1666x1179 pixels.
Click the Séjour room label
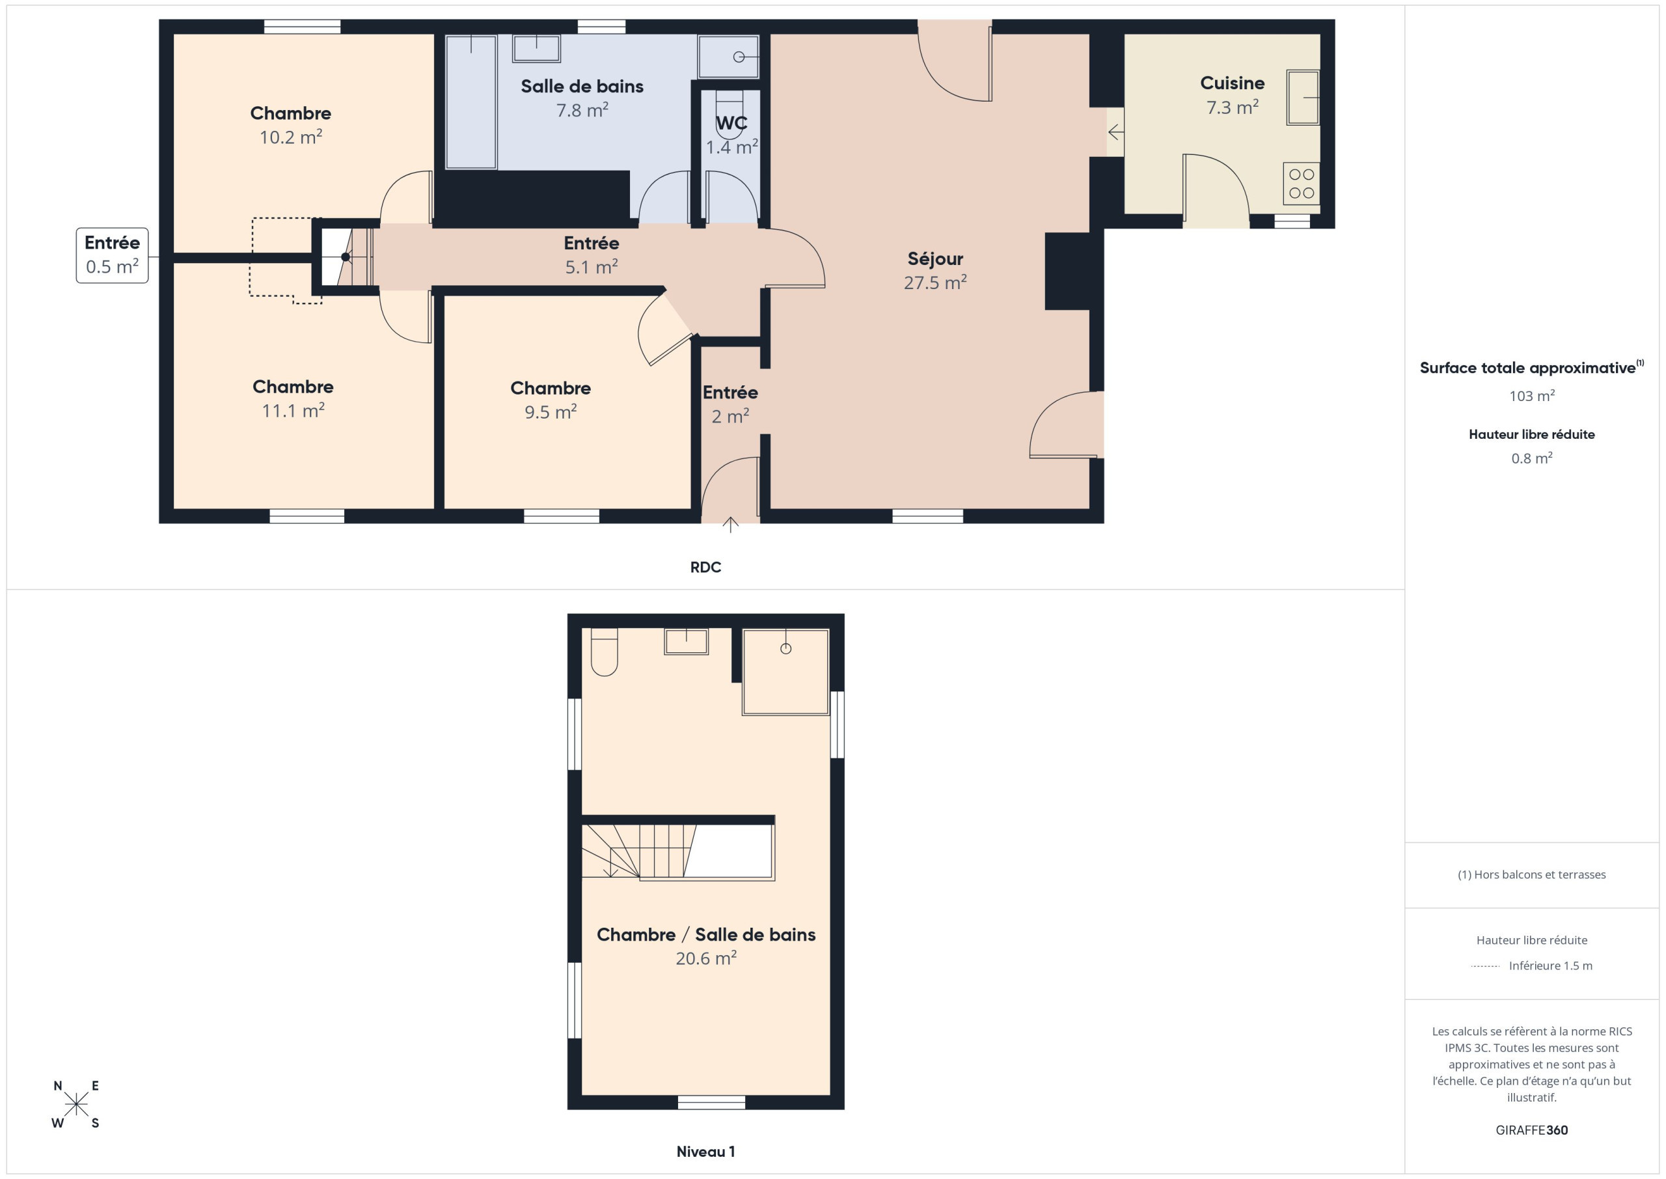click(x=935, y=270)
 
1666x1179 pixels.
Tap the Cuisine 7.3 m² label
click(x=1232, y=95)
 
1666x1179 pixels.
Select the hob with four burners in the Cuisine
click(x=1302, y=183)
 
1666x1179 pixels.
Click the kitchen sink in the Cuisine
click(x=1304, y=97)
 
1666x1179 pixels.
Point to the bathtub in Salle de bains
click(x=471, y=102)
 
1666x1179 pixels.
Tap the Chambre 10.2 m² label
click(x=290, y=125)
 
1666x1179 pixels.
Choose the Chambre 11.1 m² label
click(x=292, y=398)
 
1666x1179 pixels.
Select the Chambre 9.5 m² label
click(x=550, y=400)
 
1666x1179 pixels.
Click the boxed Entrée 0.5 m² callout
click(x=113, y=255)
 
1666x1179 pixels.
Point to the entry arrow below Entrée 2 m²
click(x=730, y=524)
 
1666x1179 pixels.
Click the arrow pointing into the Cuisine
click(x=1116, y=133)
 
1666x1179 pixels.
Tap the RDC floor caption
click(x=705, y=567)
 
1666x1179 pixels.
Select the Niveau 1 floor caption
click(x=705, y=1152)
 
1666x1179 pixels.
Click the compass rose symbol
click(x=76, y=1105)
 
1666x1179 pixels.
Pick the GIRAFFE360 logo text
click(x=1532, y=1130)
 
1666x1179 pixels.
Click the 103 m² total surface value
click(x=1532, y=396)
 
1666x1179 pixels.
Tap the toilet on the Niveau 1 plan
click(x=605, y=652)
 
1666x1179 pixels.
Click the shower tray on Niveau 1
click(x=785, y=673)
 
